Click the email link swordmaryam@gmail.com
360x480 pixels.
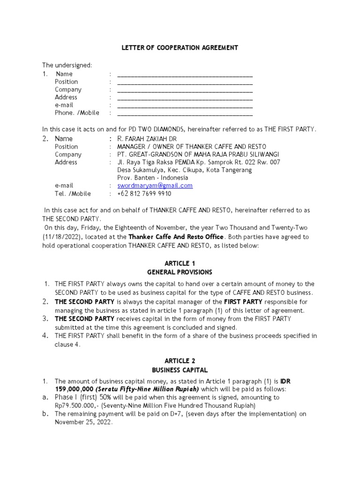click(x=155, y=186)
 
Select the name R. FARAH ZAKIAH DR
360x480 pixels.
click(x=145, y=139)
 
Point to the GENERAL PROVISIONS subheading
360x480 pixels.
click(x=180, y=272)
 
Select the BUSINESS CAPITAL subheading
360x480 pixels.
click(x=180, y=370)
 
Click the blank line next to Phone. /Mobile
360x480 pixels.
click(x=185, y=113)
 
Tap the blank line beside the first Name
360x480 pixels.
click(x=185, y=74)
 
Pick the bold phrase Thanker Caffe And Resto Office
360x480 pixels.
click(x=177, y=237)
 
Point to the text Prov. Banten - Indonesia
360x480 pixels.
click(x=152, y=178)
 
